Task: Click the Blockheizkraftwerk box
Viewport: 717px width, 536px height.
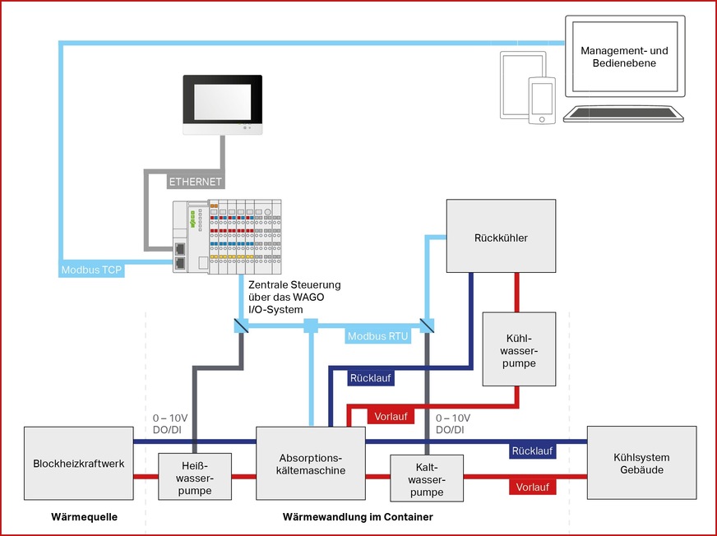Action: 79,463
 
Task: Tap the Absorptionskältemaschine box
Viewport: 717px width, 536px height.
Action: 311,463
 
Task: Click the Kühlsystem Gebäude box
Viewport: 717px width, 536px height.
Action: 641,463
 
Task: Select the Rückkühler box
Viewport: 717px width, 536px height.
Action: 500,237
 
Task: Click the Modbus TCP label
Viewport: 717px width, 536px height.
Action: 91,270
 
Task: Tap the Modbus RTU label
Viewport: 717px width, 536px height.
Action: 377,336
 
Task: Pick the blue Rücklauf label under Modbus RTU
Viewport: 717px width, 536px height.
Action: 370,378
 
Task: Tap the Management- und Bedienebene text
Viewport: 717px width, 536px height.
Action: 624,57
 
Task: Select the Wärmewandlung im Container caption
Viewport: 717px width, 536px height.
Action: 357,517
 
